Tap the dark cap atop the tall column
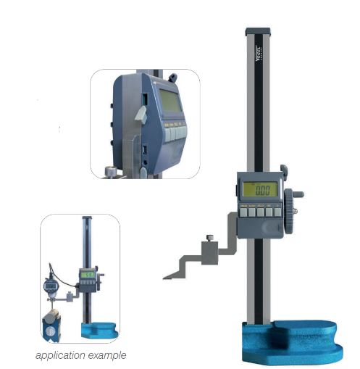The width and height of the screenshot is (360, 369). (x=259, y=32)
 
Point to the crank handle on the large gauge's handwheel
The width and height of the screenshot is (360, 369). (x=300, y=194)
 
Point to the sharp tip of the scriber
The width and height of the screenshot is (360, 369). (x=165, y=277)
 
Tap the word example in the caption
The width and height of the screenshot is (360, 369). (x=109, y=355)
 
